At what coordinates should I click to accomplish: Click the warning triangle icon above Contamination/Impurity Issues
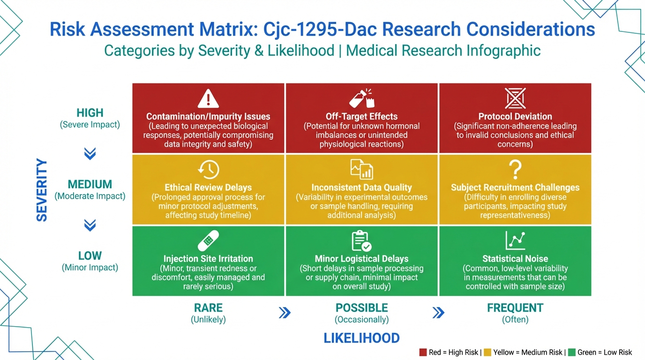[x=208, y=98]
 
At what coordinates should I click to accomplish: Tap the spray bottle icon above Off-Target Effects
[x=362, y=98]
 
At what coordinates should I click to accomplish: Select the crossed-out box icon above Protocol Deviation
[x=515, y=98]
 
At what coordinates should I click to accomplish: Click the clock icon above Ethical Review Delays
[x=209, y=169]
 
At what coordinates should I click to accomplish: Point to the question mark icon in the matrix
[x=515, y=170]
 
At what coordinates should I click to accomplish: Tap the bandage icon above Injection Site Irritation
[x=208, y=240]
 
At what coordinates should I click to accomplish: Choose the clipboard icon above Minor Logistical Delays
[x=361, y=241]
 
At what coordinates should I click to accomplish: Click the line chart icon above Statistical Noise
[x=515, y=240]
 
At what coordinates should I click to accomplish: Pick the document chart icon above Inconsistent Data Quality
[x=362, y=169]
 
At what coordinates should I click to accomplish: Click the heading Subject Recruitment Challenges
[x=515, y=187]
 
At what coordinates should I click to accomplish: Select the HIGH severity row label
[x=90, y=112]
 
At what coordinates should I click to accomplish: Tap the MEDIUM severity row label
[x=90, y=184]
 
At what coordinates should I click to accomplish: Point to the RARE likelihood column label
[x=208, y=308]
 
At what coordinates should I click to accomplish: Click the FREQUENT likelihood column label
[x=515, y=308]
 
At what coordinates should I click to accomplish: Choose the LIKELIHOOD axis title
[x=362, y=338]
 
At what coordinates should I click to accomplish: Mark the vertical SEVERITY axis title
[x=42, y=190]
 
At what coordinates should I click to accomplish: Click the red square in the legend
[x=423, y=352]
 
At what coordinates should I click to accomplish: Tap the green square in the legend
[x=571, y=352]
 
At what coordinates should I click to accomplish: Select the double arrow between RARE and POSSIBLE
[x=285, y=313]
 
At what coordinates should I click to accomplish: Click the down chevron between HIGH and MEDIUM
[x=90, y=153]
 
